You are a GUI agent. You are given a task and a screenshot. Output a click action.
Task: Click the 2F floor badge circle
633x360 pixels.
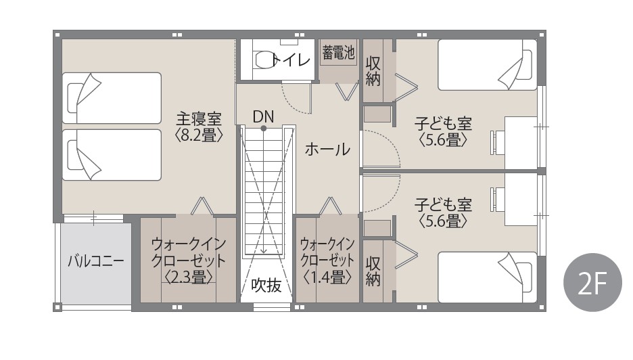[592, 282]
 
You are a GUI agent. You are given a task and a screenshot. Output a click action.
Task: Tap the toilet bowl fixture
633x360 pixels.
[266, 60]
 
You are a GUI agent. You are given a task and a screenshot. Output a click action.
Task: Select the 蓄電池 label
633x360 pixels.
[338, 52]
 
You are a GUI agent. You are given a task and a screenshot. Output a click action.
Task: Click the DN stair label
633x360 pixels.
[263, 116]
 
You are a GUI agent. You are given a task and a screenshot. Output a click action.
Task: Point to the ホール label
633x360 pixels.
[327, 150]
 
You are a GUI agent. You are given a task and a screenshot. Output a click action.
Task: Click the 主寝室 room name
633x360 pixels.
[199, 119]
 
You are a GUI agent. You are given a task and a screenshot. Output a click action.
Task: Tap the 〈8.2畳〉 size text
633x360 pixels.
[199, 135]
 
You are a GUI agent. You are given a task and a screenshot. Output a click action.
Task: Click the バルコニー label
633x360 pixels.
[95, 261]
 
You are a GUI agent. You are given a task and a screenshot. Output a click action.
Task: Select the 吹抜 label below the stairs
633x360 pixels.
[266, 286]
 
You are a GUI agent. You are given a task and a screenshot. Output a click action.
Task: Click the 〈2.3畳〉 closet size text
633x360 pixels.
[189, 277]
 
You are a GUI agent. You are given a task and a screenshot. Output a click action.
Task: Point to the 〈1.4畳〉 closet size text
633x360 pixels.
[327, 277]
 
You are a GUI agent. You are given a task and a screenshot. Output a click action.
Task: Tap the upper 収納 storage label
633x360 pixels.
[373, 71]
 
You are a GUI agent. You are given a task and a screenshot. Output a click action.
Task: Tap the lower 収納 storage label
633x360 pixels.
[373, 271]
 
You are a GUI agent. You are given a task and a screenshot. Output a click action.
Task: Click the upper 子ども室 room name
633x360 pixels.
[443, 124]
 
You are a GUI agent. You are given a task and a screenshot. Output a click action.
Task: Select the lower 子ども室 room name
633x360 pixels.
[443, 205]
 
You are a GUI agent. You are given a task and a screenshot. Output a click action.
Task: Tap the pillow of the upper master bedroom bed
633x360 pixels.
[76, 97]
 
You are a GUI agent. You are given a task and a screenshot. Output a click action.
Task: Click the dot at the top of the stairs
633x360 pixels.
[264, 129]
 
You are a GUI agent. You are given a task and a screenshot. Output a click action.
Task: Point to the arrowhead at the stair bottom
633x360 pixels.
[264, 251]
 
